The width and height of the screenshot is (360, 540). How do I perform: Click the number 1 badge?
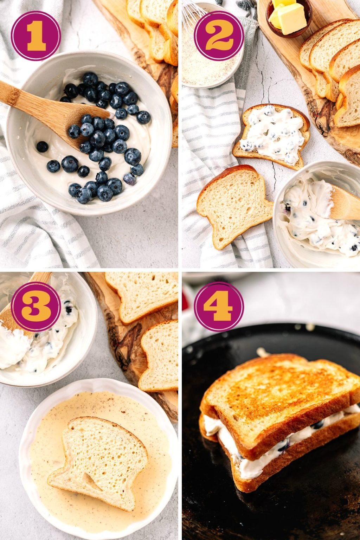(x=36, y=36)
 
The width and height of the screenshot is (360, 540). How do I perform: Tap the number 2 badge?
(x=219, y=36)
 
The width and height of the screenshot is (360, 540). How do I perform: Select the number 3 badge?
(x=36, y=307)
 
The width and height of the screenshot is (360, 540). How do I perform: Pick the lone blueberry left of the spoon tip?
(x=42, y=147)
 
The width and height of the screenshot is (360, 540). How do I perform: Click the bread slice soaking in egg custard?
(x=102, y=457)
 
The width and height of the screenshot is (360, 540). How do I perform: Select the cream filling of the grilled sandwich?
(x=246, y=457)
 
